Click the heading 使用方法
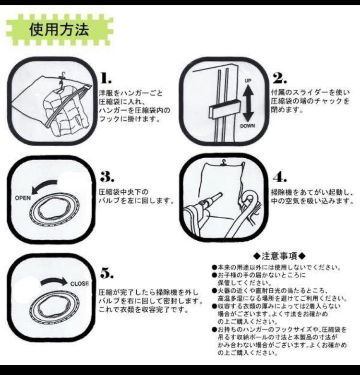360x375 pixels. pos(59,29)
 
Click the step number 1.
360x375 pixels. pos(106,78)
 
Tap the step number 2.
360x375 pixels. pos(279,78)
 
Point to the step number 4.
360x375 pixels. pos(280,177)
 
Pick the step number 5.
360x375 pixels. pos(107,273)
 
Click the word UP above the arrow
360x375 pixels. pos(248,81)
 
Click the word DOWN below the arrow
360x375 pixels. pos(248,126)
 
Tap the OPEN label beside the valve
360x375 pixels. pos(23,198)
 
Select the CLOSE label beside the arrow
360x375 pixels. pos(80,283)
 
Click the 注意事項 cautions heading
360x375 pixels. pos(279,256)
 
